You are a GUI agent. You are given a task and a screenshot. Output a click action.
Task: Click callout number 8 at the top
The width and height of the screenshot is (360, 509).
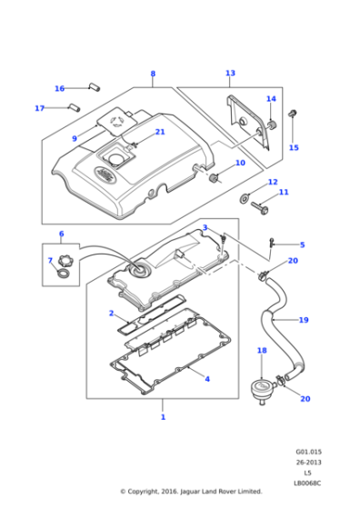pos(153,74)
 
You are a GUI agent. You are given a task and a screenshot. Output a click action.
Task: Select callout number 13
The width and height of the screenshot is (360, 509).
pos(230,73)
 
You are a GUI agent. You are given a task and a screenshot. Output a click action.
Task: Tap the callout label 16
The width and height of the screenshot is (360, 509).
pos(59,88)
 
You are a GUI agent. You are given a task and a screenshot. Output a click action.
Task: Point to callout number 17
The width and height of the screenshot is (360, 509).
pos(39,108)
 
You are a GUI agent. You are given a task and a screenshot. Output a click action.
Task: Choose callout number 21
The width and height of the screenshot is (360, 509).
pos(160,132)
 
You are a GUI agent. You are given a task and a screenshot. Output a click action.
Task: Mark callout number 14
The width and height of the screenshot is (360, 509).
pos(271,99)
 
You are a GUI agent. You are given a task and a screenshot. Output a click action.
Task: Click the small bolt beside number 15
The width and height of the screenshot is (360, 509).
pos(293,116)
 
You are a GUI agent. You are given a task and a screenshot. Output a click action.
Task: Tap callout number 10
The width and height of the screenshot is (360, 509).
pos(240,164)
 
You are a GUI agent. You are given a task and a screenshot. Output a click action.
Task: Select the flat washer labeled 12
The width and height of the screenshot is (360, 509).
pos(245,197)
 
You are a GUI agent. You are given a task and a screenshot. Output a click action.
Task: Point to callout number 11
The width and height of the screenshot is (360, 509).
pos(284,192)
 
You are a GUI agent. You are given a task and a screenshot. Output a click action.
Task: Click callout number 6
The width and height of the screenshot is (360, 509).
pos(61,234)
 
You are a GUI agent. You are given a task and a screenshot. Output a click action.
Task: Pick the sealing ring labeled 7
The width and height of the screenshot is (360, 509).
pos(63,272)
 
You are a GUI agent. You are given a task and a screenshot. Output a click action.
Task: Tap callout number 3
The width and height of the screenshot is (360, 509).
pos(205,227)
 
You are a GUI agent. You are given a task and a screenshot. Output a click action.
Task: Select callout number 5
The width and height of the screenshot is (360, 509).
pos(302,245)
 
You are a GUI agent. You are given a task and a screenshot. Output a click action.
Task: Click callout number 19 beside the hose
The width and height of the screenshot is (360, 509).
pos(304,320)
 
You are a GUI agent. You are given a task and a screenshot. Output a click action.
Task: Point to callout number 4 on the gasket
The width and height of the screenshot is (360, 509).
pos(207,378)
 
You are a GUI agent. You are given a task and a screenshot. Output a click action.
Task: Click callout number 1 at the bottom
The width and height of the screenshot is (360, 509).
pos(163,417)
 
